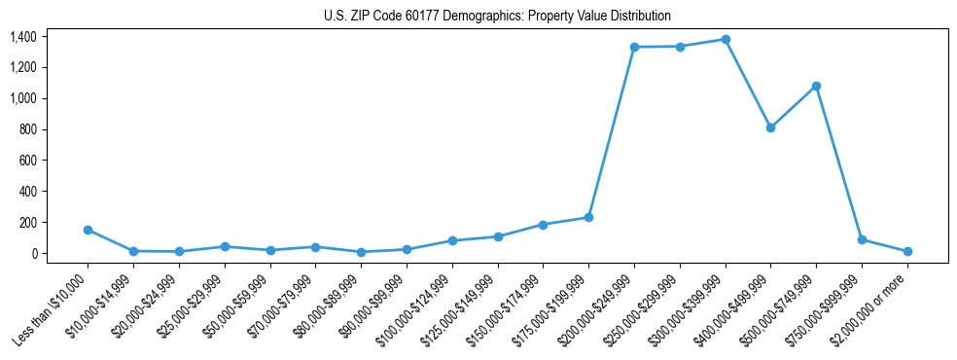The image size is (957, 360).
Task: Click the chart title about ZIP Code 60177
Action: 497,17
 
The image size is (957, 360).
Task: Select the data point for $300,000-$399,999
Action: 726,40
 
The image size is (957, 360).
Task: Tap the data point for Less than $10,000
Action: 89,231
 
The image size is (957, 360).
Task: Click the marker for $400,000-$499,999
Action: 770,127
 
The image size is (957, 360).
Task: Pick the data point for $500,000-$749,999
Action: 816,87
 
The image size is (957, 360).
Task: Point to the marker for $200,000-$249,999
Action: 634,47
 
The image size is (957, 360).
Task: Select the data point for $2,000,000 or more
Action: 907,251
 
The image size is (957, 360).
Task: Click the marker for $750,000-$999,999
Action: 862,239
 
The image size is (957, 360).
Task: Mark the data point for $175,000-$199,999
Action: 588,218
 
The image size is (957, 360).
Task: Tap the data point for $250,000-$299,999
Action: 680,47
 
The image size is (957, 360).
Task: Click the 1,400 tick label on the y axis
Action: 24,37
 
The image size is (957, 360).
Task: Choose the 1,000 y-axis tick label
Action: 24,98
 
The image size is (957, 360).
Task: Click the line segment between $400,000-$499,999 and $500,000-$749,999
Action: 794,107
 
